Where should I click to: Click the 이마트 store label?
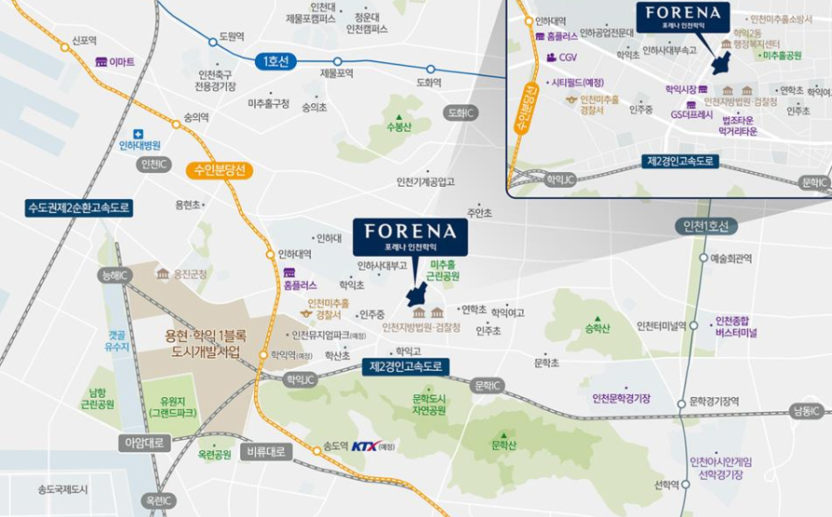(121, 61)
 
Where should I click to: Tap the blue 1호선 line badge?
(275, 61)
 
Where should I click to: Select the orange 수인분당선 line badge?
(220, 170)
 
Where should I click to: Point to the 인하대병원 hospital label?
(140, 145)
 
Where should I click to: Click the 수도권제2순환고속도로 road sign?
(80, 208)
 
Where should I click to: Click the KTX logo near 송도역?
(367, 446)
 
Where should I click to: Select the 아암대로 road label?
(145, 444)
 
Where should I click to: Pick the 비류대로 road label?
(266, 452)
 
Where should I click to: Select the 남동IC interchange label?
(806, 411)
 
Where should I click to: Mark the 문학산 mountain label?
(503, 444)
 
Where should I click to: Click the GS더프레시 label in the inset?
(691, 115)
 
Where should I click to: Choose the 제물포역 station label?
(337, 73)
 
